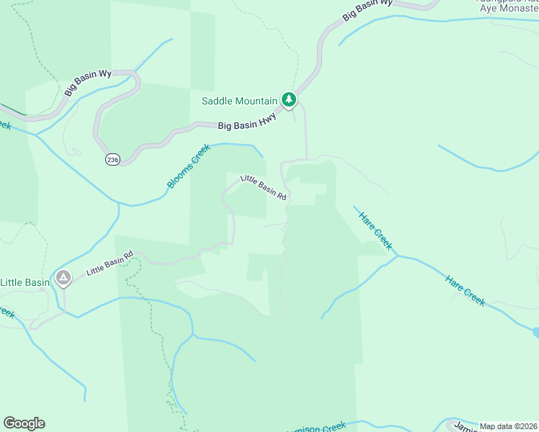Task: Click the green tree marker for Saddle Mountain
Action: point(289,99)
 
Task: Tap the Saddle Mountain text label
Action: point(239,101)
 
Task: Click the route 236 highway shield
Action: point(112,159)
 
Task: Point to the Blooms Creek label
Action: point(188,167)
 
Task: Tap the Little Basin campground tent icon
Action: point(63,277)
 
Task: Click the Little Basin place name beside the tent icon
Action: point(25,282)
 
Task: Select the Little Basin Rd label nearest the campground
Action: point(110,263)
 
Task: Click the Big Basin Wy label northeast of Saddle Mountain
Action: point(367,9)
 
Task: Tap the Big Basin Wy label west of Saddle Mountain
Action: point(88,83)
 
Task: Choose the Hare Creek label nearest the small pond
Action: point(465,290)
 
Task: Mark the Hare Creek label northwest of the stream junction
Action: point(373,228)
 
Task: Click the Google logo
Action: point(24,423)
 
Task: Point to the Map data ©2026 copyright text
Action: point(508,426)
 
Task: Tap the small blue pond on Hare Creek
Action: point(536,332)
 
